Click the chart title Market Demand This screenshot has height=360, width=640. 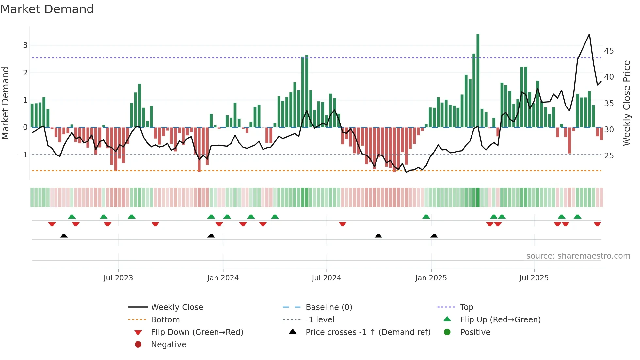pyautogui.click(x=47, y=9)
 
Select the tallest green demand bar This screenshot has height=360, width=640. pyautogui.click(x=478, y=80)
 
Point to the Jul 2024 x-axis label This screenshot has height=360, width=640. pyautogui.click(x=326, y=278)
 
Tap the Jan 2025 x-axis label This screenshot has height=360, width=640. pyautogui.click(x=431, y=278)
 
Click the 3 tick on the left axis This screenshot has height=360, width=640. pyautogui.click(x=25, y=45)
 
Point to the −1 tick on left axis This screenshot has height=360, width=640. pyautogui.click(x=22, y=155)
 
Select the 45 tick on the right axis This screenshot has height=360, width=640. pyautogui.click(x=609, y=51)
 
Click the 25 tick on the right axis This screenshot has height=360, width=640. pyautogui.click(x=609, y=156)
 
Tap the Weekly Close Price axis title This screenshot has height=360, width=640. pyautogui.click(x=626, y=103)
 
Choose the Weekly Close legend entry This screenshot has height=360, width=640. pyautogui.click(x=177, y=307)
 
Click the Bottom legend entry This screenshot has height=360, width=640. pyautogui.click(x=165, y=320)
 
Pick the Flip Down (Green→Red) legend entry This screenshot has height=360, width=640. pyautogui.click(x=197, y=332)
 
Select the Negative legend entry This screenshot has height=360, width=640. pyautogui.click(x=168, y=345)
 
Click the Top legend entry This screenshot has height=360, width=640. pyautogui.click(x=466, y=307)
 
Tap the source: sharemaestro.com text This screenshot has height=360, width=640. pyautogui.click(x=578, y=256)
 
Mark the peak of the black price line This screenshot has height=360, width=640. pyautogui.click(x=589, y=34)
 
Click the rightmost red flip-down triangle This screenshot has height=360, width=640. pyautogui.click(x=597, y=224)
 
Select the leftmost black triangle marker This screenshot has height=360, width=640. pyautogui.click(x=64, y=236)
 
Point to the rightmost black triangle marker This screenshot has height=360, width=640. pyautogui.click(x=434, y=236)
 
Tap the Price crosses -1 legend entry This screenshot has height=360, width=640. pyautogui.click(x=368, y=332)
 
